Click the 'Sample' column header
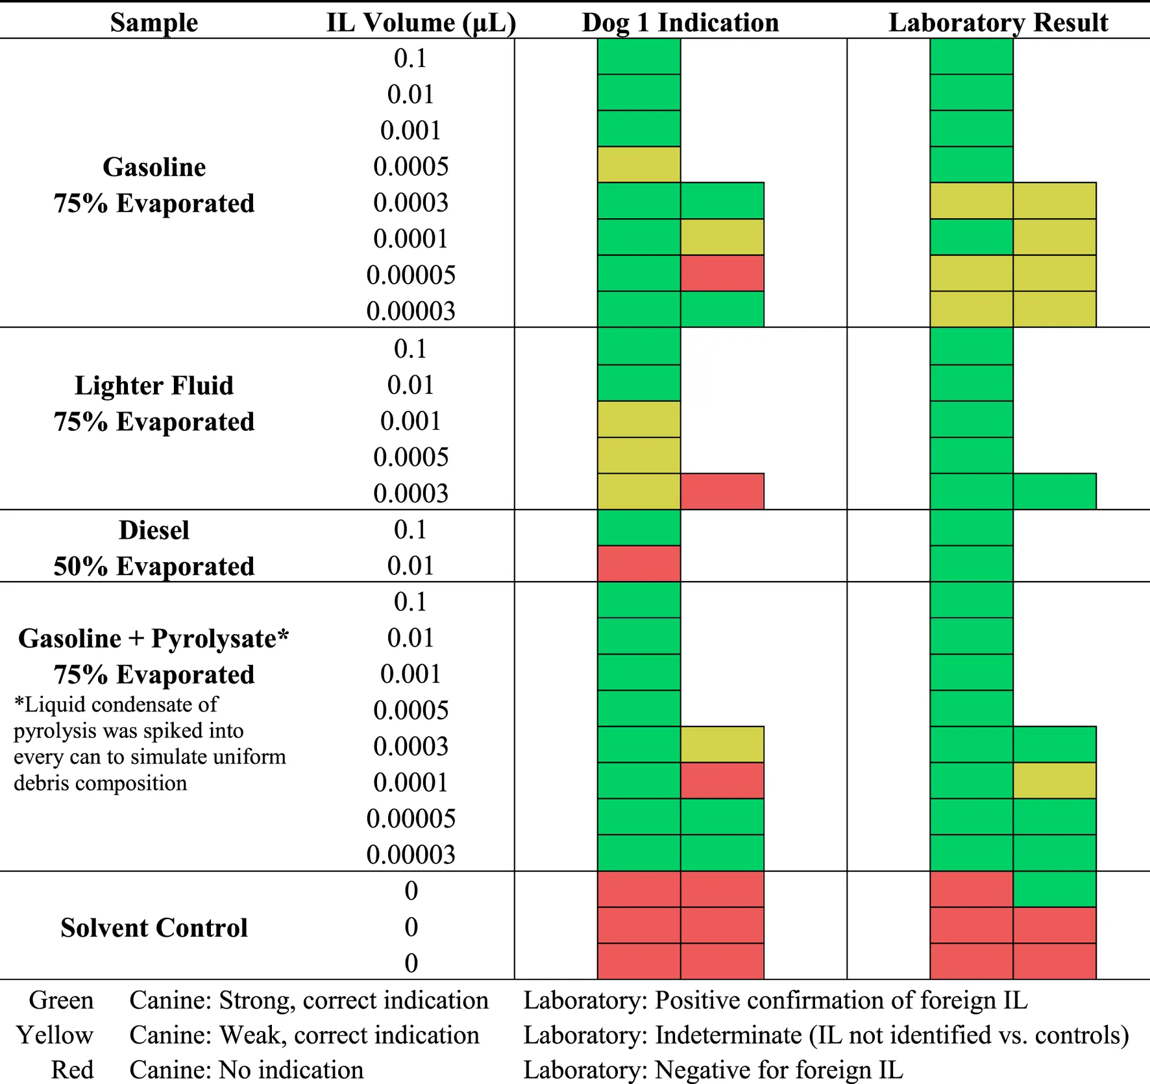tap(154, 23)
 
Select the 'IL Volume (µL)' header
tap(421, 23)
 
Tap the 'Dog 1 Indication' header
tap(680, 23)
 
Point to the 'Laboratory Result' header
tap(998, 23)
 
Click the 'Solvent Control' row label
tap(154, 928)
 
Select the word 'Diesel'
tap(154, 530)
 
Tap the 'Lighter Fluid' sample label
tap(154, 386)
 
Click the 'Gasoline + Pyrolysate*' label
tap(154, 639)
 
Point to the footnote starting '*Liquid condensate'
tap(150, 744)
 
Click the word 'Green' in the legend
tap(62, 1000)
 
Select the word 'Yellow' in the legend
tap(55, 1035)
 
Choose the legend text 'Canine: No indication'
tap(247, 1070)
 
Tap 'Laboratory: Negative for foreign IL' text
tap(713, 1070)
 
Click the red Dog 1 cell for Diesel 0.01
tap(639, 563)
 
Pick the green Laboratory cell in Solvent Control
tap(1055, 889)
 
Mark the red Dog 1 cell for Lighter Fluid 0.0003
tap(722, 491)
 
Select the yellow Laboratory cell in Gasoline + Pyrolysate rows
tap(1055, 780)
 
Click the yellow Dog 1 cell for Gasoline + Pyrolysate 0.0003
tap(722, 745)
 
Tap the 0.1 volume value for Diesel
tap(411, 530)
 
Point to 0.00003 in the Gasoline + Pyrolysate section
tap(411, 854)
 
